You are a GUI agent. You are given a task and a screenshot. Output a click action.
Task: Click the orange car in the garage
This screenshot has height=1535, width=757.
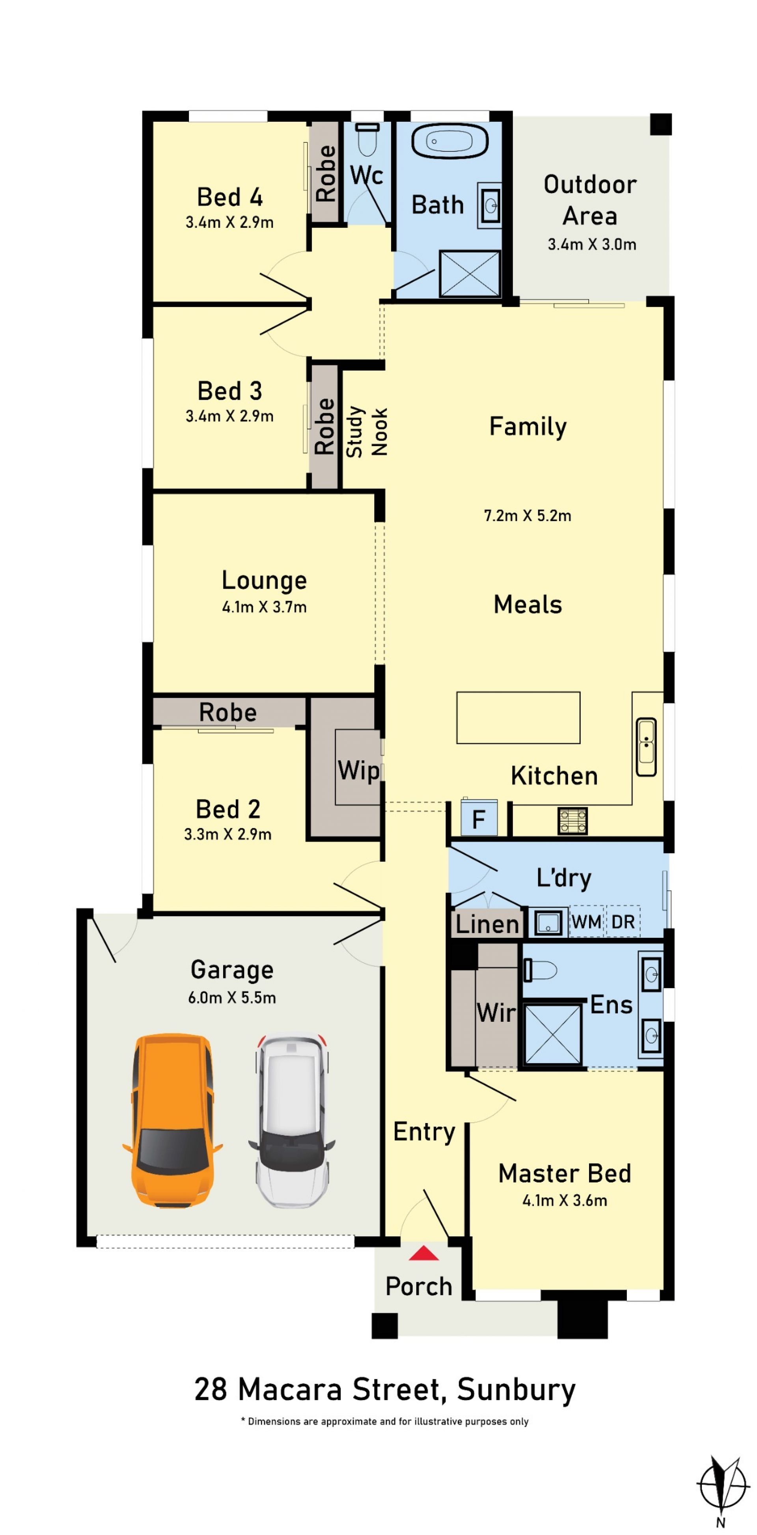[x=172, y=1120]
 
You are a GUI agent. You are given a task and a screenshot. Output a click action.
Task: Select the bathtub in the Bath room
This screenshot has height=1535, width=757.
[x=450, y=141]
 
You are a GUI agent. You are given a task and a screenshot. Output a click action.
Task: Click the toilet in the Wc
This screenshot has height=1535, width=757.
[x=367, y=138]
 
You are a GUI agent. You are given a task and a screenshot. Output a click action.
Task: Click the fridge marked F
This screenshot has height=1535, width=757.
[x=479, y=816]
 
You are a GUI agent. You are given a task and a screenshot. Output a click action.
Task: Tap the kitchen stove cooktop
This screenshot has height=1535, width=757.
[x=572, y=820]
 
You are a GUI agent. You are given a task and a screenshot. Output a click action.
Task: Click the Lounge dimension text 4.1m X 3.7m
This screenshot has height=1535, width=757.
[x=264, y=607]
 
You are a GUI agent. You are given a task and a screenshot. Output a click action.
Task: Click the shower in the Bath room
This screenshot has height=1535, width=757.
[x=470, y=274]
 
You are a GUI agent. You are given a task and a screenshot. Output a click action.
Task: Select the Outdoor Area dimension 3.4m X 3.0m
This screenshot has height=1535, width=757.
[x=592, y=244]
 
